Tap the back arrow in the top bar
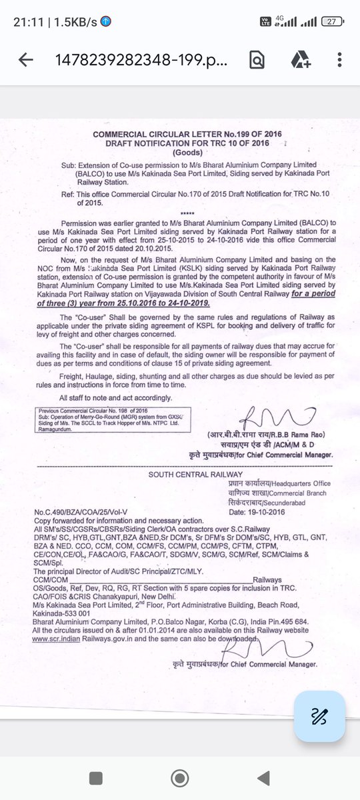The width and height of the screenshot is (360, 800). point(26,60)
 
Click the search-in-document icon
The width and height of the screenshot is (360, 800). point(256,60)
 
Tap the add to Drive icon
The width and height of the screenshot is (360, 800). point(300,60)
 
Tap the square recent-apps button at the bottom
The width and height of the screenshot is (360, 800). point(97,777)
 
